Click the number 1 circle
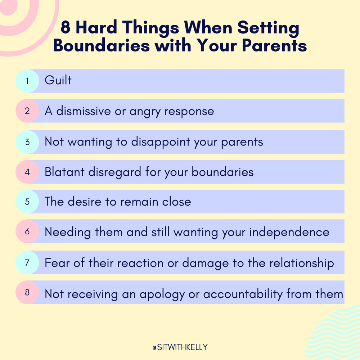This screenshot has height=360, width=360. pyautogui.click(x=27, y=81)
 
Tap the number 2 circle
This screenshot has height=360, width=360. pyautogui.click(x=27, y=111)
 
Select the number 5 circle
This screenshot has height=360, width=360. pyautogui.click(x=27, y=202)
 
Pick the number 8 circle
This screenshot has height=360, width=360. pyautogui.click(x=27, y=292)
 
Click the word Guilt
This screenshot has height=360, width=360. pyautogui.click(x=58, y=80)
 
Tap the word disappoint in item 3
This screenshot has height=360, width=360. pyautogui.click(x=161, y=142)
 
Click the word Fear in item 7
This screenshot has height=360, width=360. pyautogui.click(x=56, y=263)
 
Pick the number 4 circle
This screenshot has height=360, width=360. pyautogui.click(x=27, y=172)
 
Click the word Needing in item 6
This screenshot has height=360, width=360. pyautogui.click(x=68, y=232)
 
